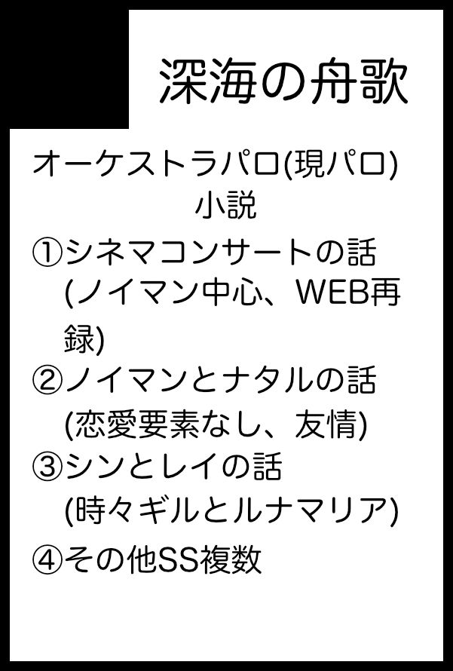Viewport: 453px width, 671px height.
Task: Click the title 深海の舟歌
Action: coord(283,81)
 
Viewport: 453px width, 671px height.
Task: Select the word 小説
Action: coord(226,207)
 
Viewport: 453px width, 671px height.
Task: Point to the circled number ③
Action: coord(47,467)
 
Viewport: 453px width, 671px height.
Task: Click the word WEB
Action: coord(332,293)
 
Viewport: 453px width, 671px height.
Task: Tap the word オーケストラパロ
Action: coord(156,165)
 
